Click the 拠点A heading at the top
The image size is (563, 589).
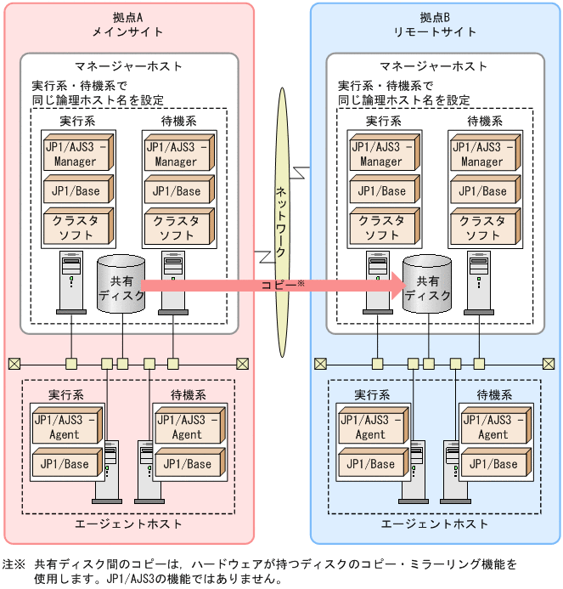(x=127, y=16)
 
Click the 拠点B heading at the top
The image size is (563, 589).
(x=435, y=16)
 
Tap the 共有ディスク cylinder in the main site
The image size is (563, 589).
(x=121, y=285)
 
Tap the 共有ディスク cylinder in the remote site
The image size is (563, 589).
(x=427, y=285)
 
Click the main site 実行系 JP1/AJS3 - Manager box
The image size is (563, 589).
(x=76, y=153)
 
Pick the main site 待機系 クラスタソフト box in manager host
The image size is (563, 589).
(x=177, y=227)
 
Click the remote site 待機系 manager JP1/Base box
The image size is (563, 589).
(x=482, y=191)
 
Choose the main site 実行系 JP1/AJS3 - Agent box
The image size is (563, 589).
(x=66, y=427)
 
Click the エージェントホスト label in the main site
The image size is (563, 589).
(x=127, y=524)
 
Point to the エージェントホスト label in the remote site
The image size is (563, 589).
(x=434, y=524)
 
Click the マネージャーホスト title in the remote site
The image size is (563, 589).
(x=434, y=66)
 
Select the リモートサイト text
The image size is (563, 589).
(x=435, y=31)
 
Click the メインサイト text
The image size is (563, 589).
(x=127, y=31)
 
